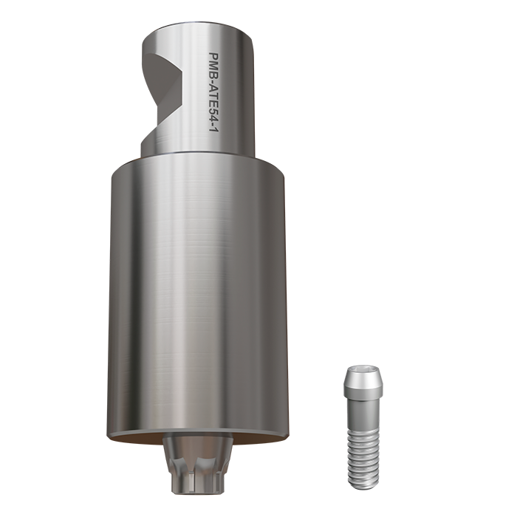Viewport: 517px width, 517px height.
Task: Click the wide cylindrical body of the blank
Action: pyautogui.click(x=198, y=295)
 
